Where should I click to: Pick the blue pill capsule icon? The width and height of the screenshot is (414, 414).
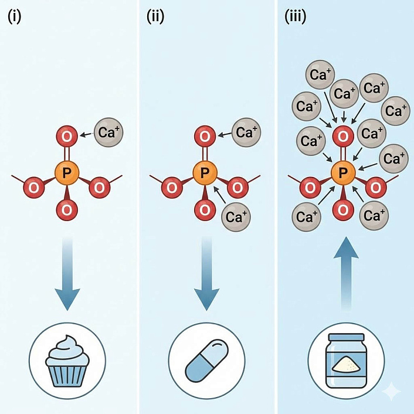tap(206, 359)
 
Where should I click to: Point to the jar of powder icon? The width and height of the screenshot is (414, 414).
tap(347, 359)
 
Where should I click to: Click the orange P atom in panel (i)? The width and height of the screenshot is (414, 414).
tap(67, 172)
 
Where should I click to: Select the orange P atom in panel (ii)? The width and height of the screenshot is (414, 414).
tap(205, 172)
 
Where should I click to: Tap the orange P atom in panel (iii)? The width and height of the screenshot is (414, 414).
tap(342, 172)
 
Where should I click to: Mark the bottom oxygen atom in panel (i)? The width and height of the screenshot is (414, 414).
tap(67, 208)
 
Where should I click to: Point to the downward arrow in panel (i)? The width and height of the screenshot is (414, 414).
tap(68, 276)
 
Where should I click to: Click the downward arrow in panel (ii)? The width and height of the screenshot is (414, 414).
tap(206, 276)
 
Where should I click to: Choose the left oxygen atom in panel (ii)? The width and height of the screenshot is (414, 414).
tap(171, 188)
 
